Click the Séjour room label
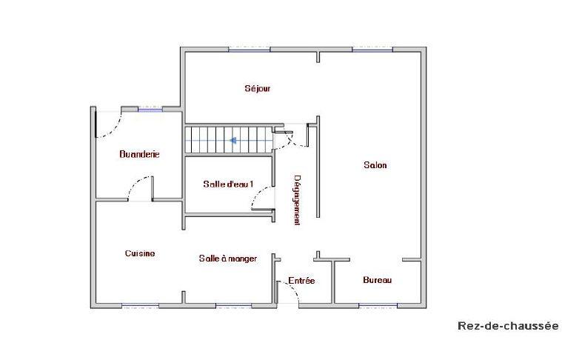pos(258,89)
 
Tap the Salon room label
pos(375,165)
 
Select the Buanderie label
pos(140,155)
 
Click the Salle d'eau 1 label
pos(228,184)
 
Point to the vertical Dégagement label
pos(297,200)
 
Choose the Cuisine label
pos(140,253)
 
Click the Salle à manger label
pos(228,259)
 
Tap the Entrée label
pos(301,281)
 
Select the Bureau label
pos(377,280)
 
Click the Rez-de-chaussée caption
pos(508,326)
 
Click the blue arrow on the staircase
pos(233,139)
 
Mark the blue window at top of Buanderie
pos(150,110)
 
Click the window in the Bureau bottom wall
pos(378,305)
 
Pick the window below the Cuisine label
pos(141,305)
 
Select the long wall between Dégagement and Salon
pos(318,167)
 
